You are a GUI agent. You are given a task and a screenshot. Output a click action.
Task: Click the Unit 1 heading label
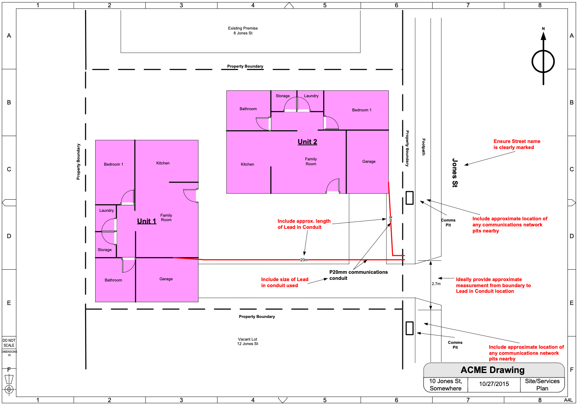[147, 221]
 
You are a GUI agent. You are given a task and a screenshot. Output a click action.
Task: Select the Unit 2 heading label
[307, 142]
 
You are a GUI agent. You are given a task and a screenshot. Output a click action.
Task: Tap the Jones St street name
[454, 173]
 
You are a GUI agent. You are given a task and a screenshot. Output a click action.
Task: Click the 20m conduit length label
[304, 260]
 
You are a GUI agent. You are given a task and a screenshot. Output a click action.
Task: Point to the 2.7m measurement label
[436, 284]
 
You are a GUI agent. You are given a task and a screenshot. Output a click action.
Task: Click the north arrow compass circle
[543, 62]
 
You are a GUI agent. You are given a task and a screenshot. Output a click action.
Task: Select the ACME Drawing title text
[493, 370]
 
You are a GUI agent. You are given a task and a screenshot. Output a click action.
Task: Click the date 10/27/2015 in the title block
[494, 384]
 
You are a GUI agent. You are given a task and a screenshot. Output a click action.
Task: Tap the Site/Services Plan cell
[542, 385]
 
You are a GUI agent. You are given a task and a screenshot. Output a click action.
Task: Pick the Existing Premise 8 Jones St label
[243, 30]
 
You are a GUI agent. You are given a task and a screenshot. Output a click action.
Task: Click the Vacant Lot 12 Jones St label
[247, 341]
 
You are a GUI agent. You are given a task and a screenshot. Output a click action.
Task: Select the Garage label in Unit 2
[369, 162]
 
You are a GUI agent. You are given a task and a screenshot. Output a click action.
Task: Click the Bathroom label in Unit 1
[113, 280]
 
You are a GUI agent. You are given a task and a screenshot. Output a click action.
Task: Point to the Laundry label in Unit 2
[311, 96]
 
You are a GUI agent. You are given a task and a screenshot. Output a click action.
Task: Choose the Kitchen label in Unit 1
[163, 163]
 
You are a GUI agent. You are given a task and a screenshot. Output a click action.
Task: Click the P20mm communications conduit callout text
[358, 275]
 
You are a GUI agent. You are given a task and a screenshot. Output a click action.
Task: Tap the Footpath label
[423, 147]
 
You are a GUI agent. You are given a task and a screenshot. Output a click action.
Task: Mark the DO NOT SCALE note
[9, 343]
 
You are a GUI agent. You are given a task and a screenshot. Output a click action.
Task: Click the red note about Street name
[516, 144]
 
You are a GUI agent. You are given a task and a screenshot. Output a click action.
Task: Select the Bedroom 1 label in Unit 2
[362, 110]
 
